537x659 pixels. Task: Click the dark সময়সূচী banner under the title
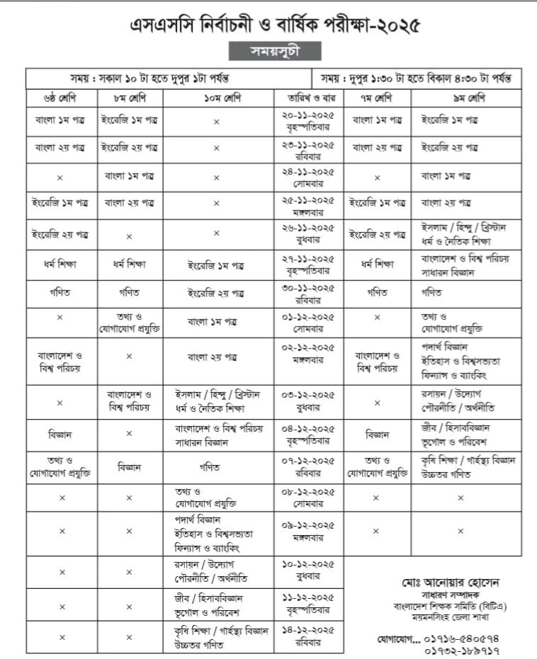click(x=275, y=52)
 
